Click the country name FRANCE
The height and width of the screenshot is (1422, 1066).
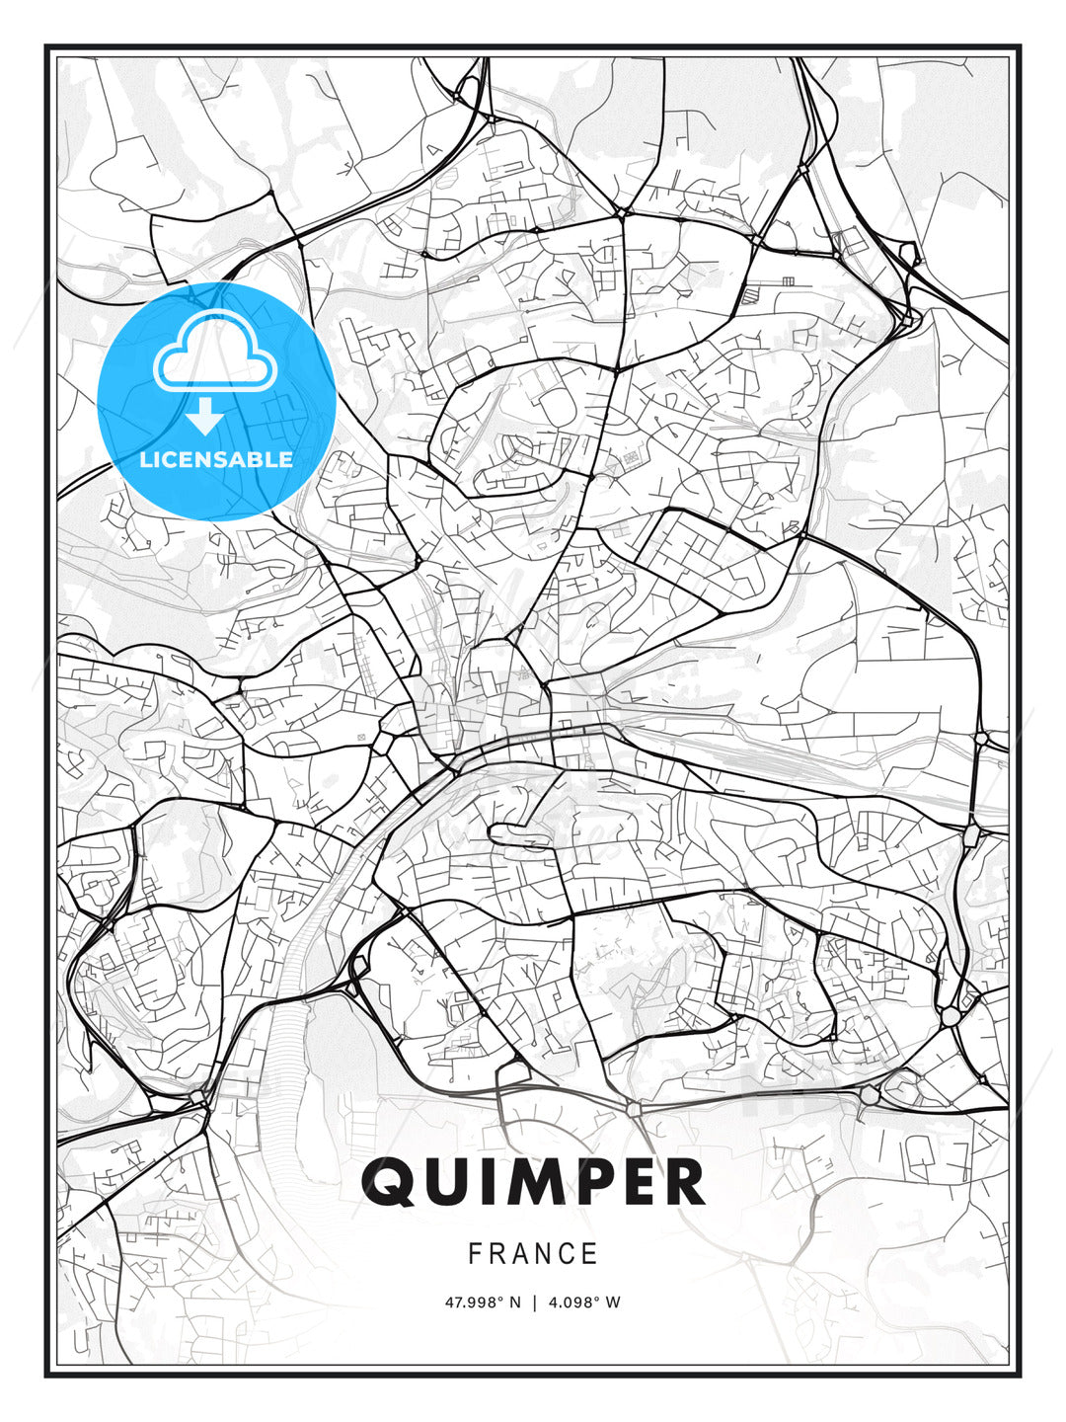coord(533,1254)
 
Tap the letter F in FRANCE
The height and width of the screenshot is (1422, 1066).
coord(475,1254)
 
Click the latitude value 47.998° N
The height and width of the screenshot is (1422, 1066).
coord(483,1303)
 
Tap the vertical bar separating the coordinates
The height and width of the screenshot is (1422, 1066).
coord(534,1303)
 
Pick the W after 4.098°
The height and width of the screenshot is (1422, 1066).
coord(614,1303)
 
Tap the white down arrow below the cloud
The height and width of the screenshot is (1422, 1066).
coord(204,418)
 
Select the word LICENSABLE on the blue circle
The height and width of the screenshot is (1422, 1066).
coord(216,459)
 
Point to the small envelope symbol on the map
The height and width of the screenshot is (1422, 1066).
coord(361,737)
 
